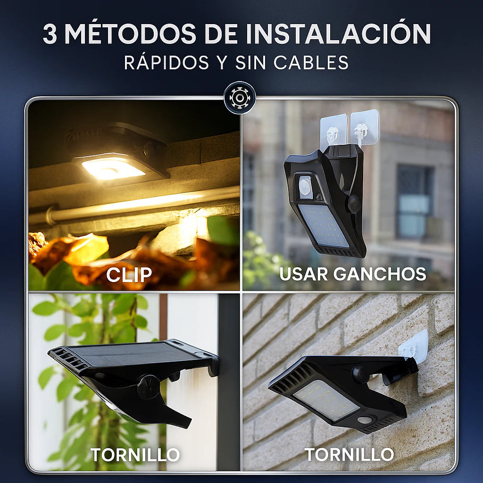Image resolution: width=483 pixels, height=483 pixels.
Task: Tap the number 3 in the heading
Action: (50, 33)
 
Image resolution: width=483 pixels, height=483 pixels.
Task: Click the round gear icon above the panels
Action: (240, 98)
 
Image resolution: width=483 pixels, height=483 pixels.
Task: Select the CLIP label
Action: (129, 275)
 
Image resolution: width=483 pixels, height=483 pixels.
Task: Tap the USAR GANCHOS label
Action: (353, 274)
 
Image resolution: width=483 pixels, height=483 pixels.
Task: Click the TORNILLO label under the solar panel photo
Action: (135, 455)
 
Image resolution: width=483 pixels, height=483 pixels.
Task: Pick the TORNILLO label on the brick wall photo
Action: (349, 454)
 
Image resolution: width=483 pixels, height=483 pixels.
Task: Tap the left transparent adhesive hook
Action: (333, 131)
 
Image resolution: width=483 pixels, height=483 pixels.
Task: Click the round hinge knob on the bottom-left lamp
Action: (149, 387)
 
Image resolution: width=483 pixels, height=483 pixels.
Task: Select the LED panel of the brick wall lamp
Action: (326, 400)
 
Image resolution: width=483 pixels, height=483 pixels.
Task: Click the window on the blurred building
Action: (414, 202)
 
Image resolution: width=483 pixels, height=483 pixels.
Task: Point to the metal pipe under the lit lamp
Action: (134, 205)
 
